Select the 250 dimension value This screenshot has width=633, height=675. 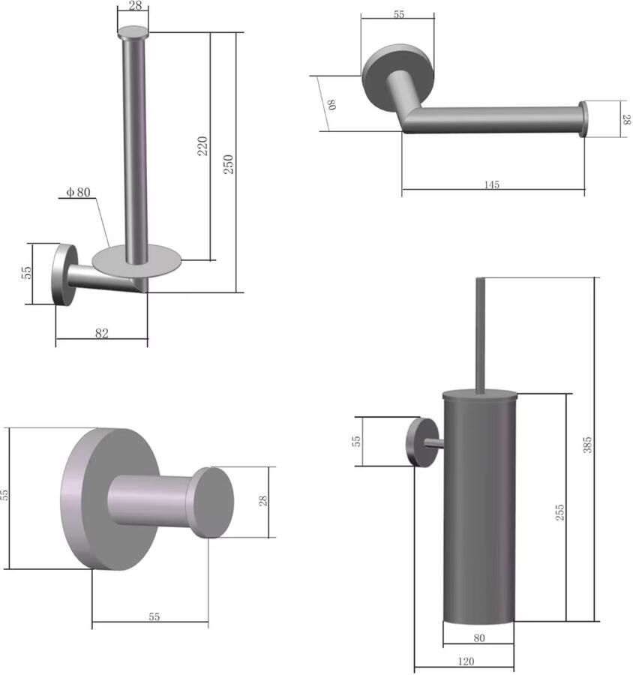(229, 163)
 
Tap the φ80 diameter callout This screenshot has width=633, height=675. (78, 193)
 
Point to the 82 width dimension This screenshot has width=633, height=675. (102, 334)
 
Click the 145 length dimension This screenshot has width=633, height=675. (492, 184)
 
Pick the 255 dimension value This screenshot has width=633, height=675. (559, 513)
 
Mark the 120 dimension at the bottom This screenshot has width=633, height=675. (465, 661)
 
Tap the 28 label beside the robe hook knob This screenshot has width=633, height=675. (263, 500)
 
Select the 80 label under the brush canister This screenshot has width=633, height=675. (479, 638)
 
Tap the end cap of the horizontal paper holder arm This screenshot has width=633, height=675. (582, 120)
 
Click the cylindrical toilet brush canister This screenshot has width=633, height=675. (478, 510)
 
